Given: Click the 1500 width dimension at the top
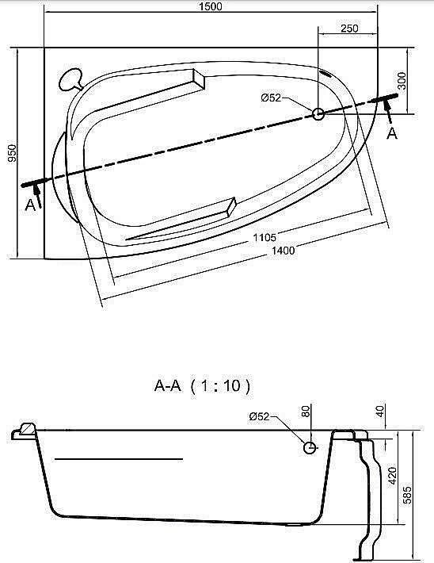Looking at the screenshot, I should (x=211, y=6).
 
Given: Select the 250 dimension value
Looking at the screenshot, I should (x=349, y=29).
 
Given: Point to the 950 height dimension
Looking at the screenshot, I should (x=10, y=154).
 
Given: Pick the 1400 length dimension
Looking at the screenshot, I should (x=282, y=251).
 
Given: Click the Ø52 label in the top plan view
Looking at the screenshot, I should (x=272, y=98).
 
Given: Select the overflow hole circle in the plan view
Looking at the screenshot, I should (x=318, y=114).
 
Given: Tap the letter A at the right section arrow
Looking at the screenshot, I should (x=391, y=134).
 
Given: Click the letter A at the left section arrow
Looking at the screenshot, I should (x=30, y=206).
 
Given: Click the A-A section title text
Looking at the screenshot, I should (x=202, y=386).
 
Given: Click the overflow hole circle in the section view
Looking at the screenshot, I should (x=310, y=447).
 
